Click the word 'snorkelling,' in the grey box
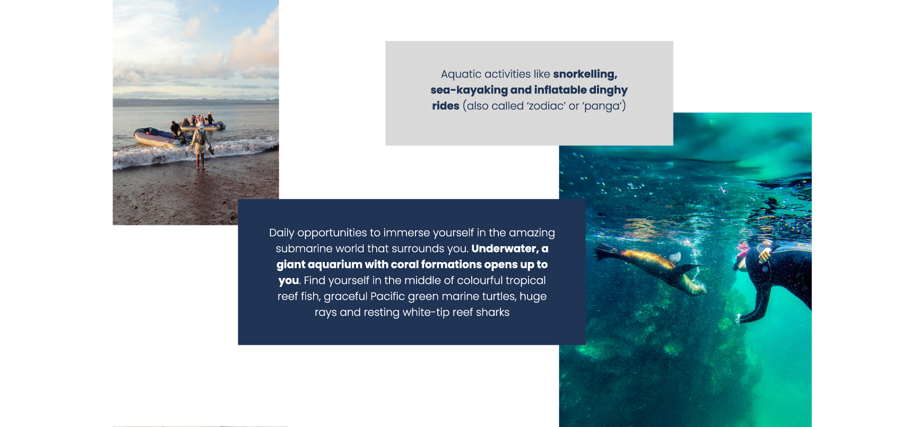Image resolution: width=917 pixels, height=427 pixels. pos(585,74)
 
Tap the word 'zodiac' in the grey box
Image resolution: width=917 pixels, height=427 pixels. pos(546,106)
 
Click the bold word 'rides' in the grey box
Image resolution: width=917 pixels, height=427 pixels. pos(446,106)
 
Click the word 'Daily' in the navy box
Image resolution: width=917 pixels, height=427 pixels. pos(281,233)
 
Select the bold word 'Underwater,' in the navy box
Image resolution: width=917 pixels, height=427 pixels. pos(505,249)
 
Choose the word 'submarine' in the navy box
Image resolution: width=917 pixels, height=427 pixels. pos(301,249)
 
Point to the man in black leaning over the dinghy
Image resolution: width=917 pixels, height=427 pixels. pos(175,129)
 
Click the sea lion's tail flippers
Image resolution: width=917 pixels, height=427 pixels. pos(605,251)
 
